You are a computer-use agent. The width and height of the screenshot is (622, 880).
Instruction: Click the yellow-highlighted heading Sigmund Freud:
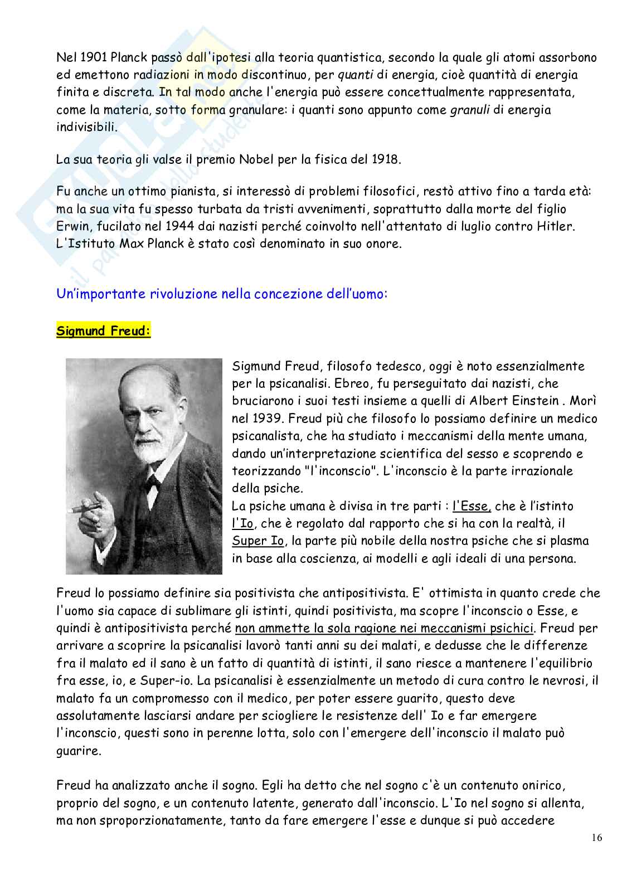click(103, 332)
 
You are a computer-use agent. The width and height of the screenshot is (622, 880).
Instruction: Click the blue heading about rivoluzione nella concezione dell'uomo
click(221, 294)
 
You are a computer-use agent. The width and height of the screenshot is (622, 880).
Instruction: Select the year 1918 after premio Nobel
click(385, 159)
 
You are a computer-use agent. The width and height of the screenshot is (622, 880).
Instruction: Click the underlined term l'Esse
click(471, 506)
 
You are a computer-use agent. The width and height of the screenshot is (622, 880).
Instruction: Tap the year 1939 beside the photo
click(264, 418)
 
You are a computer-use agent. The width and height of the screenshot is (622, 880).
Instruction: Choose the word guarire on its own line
click(79, 751)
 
